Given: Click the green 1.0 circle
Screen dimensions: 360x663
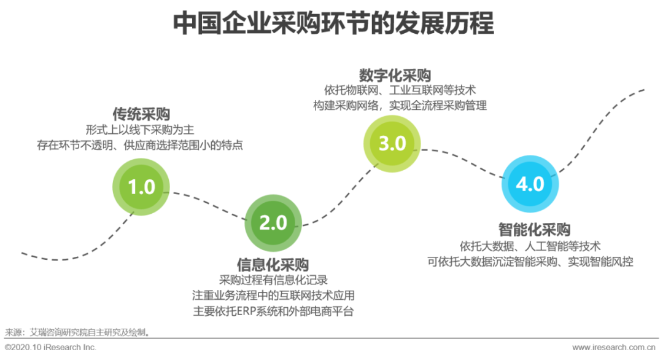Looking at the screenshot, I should pyautogui.click(x=141, y=186).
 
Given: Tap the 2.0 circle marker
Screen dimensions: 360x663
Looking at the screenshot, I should pyautogui.click(x=273, y=222).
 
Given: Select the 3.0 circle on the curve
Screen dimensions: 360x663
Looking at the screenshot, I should pyautogui.click(x=392, y=143).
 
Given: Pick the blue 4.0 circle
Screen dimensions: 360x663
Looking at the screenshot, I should pyautogui.click(x=530, y=184).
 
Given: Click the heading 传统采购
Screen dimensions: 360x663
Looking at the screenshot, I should pyautogui.click(x=141, y=114).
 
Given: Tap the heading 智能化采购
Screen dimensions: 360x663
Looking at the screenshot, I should pyautogui.click(x=534, y=230).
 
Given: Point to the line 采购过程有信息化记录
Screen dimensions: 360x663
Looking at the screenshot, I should pyautogui.click(x=273, y=280).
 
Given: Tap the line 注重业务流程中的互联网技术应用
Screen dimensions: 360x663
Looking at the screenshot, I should pyautogui.click(x=273, y=295).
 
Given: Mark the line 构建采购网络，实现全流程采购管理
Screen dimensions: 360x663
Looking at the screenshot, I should pyautogui.click(x=400, y=106).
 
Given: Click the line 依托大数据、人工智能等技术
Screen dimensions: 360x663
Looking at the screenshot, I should pyautogui.click(x=530, y=246).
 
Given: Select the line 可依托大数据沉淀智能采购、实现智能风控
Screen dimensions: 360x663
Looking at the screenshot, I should pyautogui.click(x=530, y=261).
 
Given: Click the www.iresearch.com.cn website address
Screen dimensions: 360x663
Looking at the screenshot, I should pyautogui.click(x=614, y=348).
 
